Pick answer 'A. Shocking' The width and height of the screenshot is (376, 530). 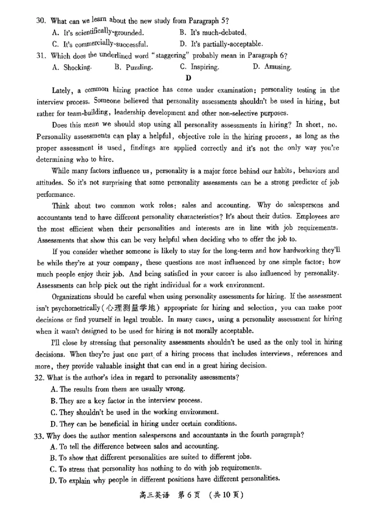pos(71,67)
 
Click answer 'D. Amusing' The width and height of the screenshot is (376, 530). pos(272,67)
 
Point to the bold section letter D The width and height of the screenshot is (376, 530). pos(188,78)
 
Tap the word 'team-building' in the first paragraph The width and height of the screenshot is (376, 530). pos(89,113)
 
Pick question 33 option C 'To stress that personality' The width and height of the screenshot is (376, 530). pos(155,469)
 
